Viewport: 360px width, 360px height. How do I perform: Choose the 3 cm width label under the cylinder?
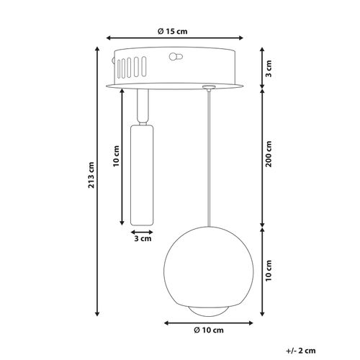[142, 238]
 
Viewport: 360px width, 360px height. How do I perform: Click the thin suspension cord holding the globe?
[207, 158]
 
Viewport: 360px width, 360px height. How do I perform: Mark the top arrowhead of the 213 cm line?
[95, 48]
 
